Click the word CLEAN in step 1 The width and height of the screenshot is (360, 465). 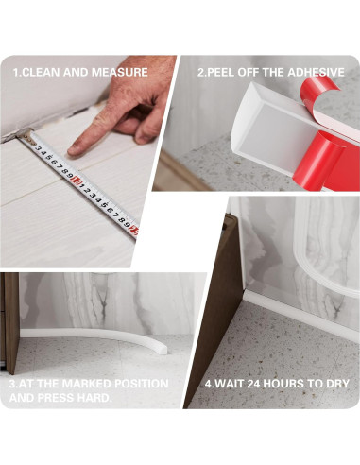coord(42,72)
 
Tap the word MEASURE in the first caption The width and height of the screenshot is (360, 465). coord(120,72)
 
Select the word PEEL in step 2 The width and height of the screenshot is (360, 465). coord(219,72)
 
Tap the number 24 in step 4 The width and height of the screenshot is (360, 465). coord(253,384)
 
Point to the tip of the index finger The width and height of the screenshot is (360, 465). coord(70,152)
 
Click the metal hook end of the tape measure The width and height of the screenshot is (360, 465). coord(26,136)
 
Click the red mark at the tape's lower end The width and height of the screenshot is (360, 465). coord(134,231)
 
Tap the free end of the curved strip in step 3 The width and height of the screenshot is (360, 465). coord(163,349)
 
